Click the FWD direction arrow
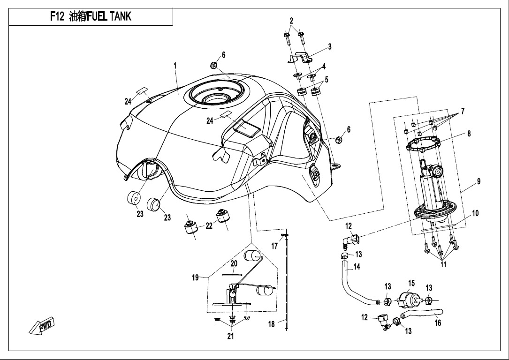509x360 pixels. pyautogui.click(x=42, y=326)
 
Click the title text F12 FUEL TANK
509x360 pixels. pyautogui.click(x=91, y=17)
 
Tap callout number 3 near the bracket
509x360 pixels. pyautogui.click(x=330, y=46)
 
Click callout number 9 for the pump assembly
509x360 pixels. pyautogui.click(x=479, y=181)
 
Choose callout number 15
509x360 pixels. pyautogui.click(x=411, y=283)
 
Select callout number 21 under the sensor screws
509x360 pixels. pyautogui.click(x=230, y=336)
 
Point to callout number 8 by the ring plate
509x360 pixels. pyautogui.click(x=469, y=134)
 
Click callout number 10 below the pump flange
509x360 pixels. pyautogui.click(x=475, y=214)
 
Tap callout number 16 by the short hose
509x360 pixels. pyautogui.click(x=437, y=323)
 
